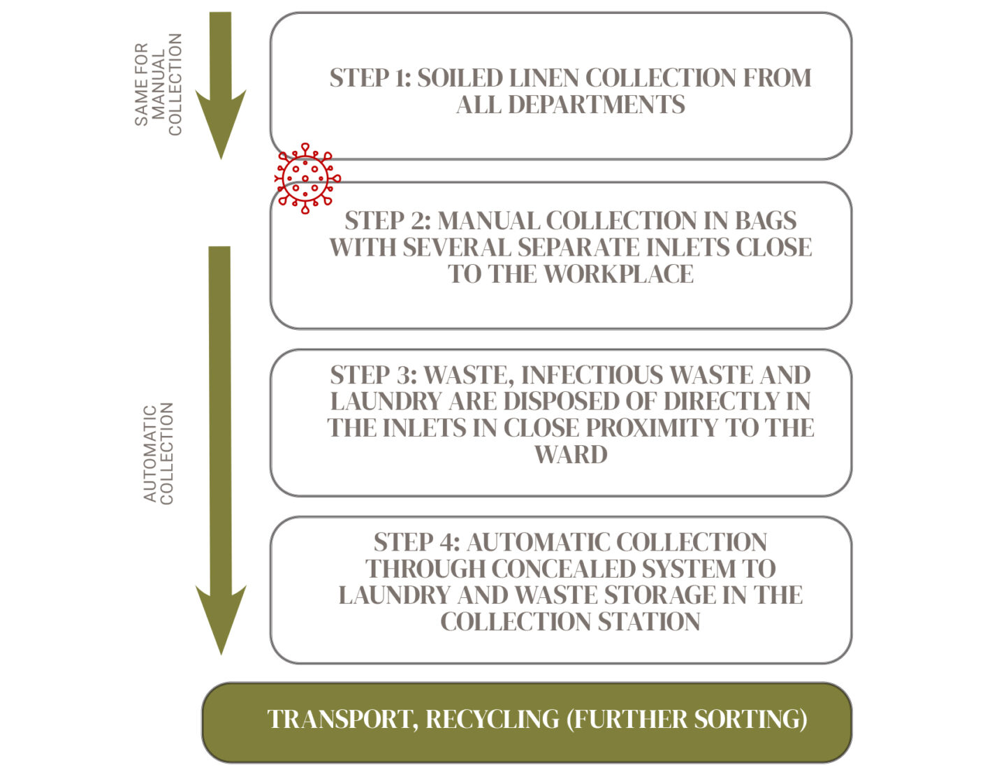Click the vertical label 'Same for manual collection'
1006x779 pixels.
[x=159, y=85]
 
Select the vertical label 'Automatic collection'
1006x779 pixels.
[x=159, y=453]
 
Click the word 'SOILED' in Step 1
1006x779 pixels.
[x=460, y=78]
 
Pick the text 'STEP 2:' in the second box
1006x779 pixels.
[x=388, y=220]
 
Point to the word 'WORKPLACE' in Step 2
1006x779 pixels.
[x=618, y=274]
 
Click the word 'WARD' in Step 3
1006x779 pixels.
[x=571, y=455]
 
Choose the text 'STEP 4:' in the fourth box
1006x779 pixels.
[x=416, y=542]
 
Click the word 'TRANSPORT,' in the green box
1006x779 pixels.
[x=343, y=719]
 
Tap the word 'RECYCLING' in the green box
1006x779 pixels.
[x=493, y=719]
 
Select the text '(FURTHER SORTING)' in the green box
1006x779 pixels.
[x=687, y=720]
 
